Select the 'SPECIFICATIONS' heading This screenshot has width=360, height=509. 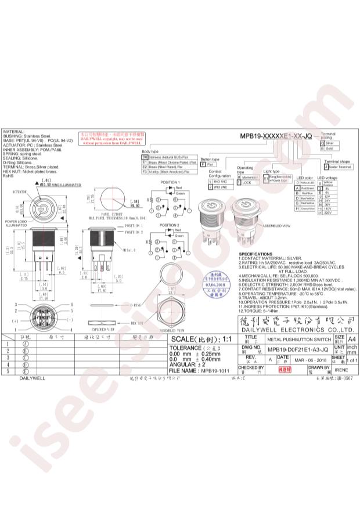coord(255,255)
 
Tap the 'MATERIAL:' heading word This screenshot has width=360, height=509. coord(14,132)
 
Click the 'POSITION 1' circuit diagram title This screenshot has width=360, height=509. coord(170,182)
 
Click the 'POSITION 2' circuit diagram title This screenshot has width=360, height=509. coord(170,225)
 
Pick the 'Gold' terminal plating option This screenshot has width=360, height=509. coord(330,149)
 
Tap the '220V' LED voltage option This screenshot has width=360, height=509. coord(328,214)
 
